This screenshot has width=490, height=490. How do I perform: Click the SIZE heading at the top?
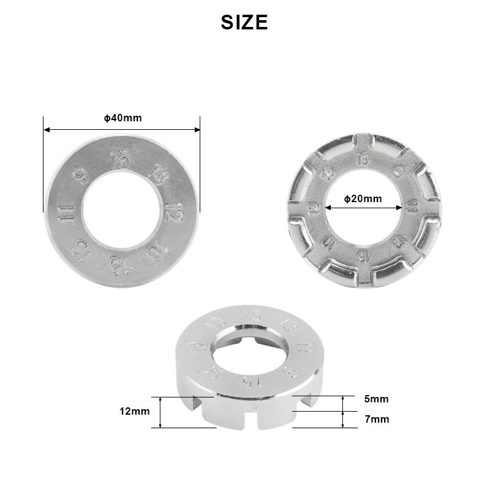[x=244, y=23]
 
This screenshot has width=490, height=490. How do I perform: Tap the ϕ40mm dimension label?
[x=123, y=118]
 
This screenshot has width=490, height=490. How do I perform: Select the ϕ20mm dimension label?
[x=363, y=198]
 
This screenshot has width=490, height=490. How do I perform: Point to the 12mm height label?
[x=135, y=412]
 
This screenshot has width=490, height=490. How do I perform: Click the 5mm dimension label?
[x=376, y=399]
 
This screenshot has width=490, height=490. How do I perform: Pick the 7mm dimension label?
[x=376, y=420]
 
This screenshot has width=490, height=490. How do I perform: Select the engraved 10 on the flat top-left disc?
[x=156, y=251]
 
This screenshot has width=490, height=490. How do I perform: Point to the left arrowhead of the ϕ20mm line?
[x=328, y=207]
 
